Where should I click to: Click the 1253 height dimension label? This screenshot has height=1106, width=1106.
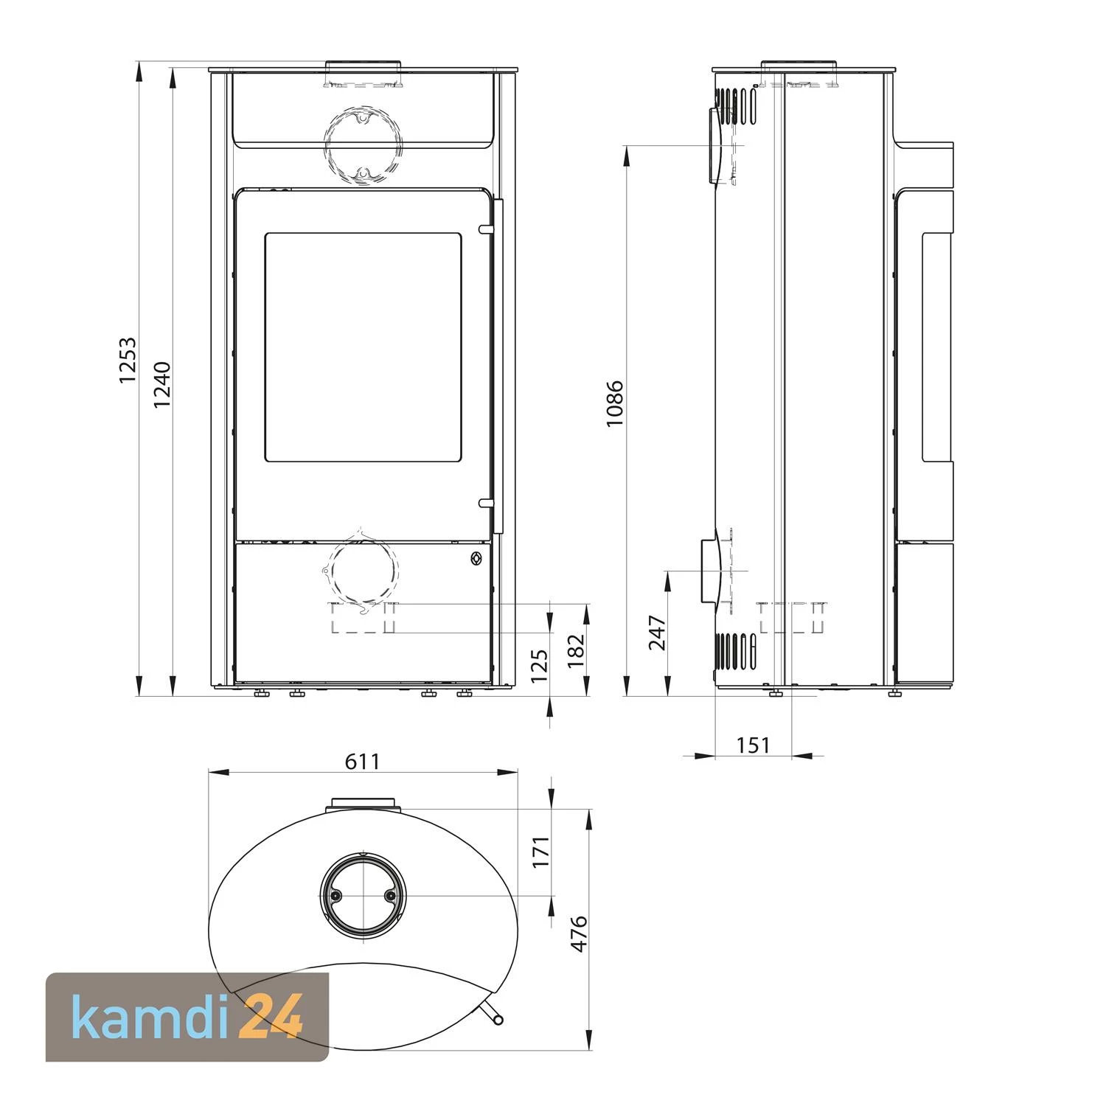tap(128, 360)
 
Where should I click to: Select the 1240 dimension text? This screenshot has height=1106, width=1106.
tap(162, 384)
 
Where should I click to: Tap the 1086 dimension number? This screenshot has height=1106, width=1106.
tap(614, 403)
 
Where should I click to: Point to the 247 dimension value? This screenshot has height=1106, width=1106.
tap(657, 633)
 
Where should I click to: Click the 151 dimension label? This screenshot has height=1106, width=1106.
tap(753, 745)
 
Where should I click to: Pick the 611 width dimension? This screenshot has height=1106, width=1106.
tap(362, 761)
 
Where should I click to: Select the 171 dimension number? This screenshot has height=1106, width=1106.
tap(542, 852)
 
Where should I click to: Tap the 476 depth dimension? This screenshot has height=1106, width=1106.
tap(580, 933)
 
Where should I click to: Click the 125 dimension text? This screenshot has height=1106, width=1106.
tap(540, 666)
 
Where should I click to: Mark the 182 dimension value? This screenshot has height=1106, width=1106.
tap(577, 650)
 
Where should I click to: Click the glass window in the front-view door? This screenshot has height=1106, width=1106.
tap(363, 347)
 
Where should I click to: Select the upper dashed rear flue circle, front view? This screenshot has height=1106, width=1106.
tap(363, 146)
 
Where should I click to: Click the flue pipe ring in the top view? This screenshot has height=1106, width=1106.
tap(362, 895)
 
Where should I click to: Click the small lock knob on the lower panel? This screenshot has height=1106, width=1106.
tap(476, 559)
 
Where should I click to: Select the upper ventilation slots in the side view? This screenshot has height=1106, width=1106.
tap(735, 105)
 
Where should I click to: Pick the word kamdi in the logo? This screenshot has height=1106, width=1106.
tap(151, 1017)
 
